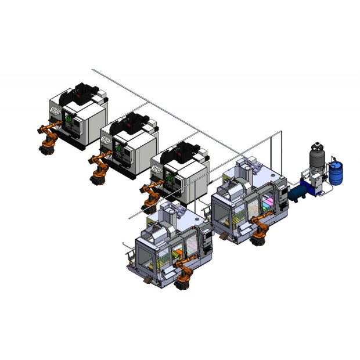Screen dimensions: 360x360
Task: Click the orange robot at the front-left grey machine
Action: click(184, 273)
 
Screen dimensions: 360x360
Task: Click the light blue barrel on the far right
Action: click(336, 173)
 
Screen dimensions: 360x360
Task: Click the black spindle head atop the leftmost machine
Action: click(86, 93)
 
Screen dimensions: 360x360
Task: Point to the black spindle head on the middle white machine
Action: click(136, 121)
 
